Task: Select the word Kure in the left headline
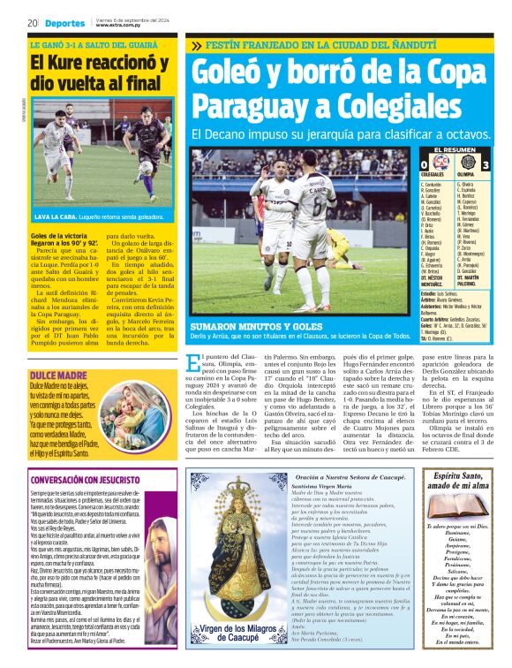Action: [x=74, y=63]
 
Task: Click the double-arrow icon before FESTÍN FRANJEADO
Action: [x=195, y=45]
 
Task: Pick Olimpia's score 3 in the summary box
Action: [x=486, y=165]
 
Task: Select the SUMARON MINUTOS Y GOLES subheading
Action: [x=241, y=326]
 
